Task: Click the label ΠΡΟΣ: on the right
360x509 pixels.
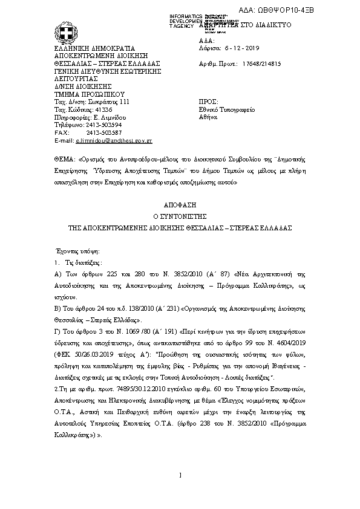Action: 208,102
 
